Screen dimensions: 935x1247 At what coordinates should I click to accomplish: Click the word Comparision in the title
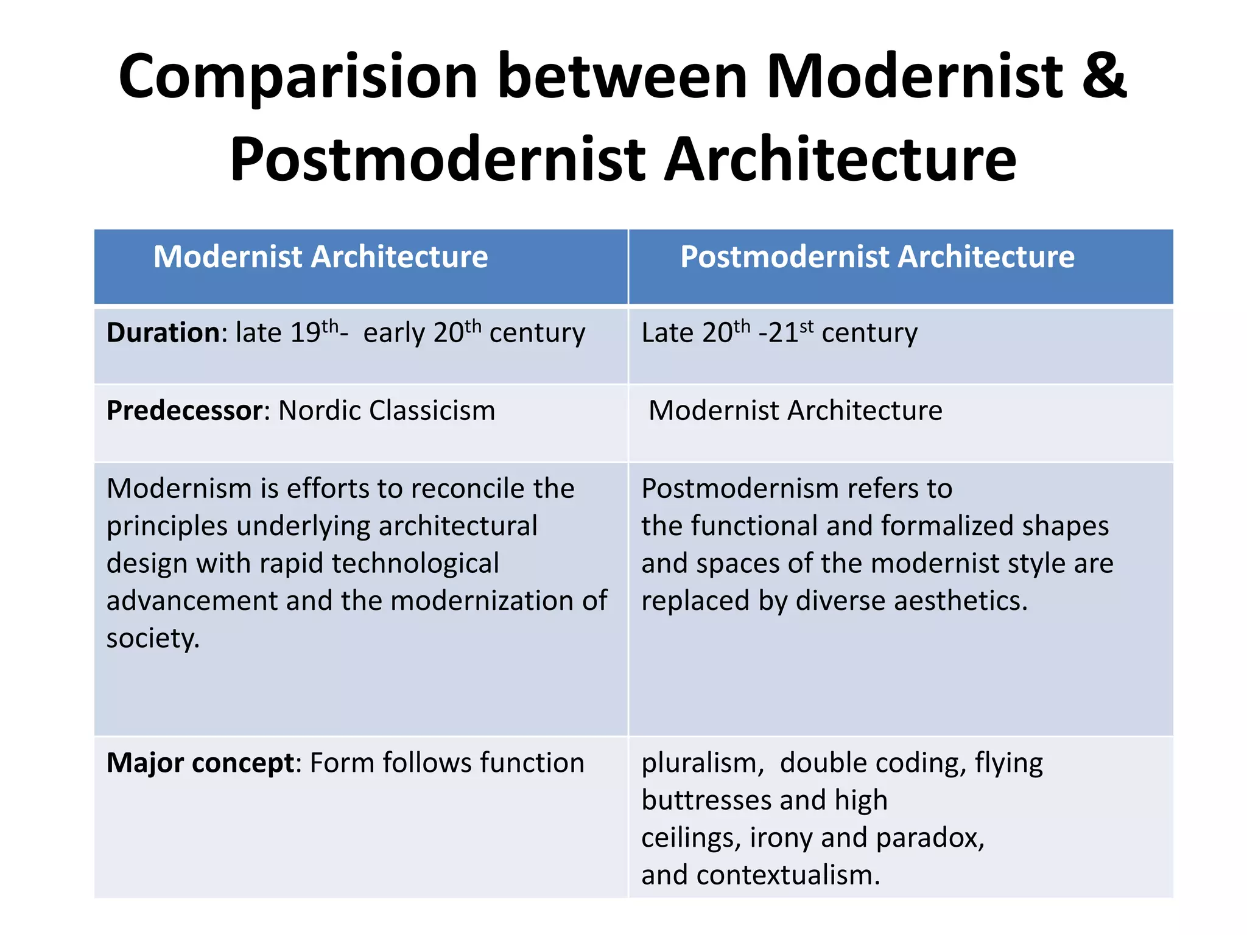click(x=298, y=77)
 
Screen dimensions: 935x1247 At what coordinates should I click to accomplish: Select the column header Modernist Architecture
click(x=320, y=257)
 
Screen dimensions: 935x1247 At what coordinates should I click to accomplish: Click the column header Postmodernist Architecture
click(x=877, y=257)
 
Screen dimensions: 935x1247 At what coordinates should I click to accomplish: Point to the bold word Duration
click(x=163, y=333)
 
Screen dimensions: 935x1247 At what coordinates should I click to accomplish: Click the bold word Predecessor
click(x=184, y=411)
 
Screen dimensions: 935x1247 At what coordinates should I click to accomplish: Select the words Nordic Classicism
click(x=387, y=411)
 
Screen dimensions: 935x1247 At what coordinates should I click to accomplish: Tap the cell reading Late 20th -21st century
click(x=779, y=333)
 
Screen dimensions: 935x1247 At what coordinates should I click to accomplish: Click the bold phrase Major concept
click(x=200, y=763)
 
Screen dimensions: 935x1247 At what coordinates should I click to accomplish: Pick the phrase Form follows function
click(x=447, y=763)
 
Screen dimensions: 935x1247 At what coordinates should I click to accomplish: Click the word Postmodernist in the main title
click(x=437, y=160)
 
